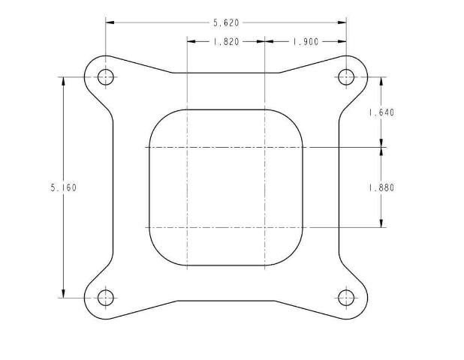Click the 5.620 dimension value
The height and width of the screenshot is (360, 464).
pyautogui.click(x=226, y=23)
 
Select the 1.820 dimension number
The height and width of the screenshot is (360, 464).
pyautogui.click(x=226, y=42)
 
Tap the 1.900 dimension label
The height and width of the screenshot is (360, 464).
pyautogui.click(x=306, y=42)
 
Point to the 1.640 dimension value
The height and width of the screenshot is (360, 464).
pyautogui.click(x=381, y=112)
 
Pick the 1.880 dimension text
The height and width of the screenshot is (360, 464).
pyautogui.click(x=381, y=187)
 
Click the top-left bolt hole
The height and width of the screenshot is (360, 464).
pyautogui.click(x=105, y=76)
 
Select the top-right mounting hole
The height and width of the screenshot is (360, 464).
pyautogui.click(x=345, y=76)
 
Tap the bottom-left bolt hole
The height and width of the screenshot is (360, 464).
pyautogui.click(x=105, y=298)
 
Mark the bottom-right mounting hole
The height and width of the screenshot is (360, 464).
pyautogui.click(x=345, y=298)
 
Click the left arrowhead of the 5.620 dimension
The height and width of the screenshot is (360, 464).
pyautogui.click(x=109, y=23)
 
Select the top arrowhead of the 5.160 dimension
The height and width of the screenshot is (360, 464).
pyautogui.click(x=64, y=81)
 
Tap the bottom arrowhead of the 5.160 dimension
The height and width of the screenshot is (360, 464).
pyautogui.click(x=64, y=293)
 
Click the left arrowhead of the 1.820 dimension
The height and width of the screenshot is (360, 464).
pyautogui.click(x=191, y=42)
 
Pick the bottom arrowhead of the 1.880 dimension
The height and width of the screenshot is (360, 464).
pyautogui.click(x=381, y=223)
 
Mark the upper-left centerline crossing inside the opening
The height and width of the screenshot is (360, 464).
pyautogui.click(x=187, y=148)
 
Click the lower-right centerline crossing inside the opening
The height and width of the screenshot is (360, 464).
pyautogui.click(x=265, y=227)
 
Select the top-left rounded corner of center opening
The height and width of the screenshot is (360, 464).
pyautogui.click(x=159, y=120)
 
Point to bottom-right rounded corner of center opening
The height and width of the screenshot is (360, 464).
pyautogui.click(x=294, y=256)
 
